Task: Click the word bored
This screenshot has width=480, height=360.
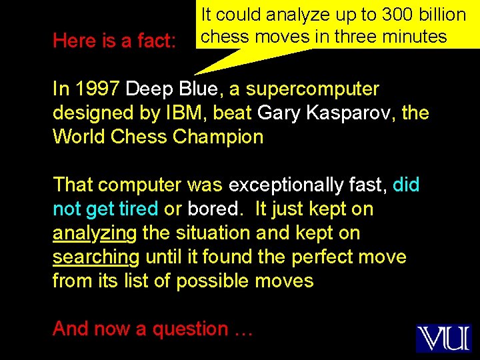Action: coord(213,209)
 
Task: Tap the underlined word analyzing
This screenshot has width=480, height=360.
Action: coord(94,233)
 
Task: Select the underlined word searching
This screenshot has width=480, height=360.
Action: coord(95,257)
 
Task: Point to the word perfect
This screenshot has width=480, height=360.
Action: coord(333,257)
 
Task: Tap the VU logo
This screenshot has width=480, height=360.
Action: coord(443,338)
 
